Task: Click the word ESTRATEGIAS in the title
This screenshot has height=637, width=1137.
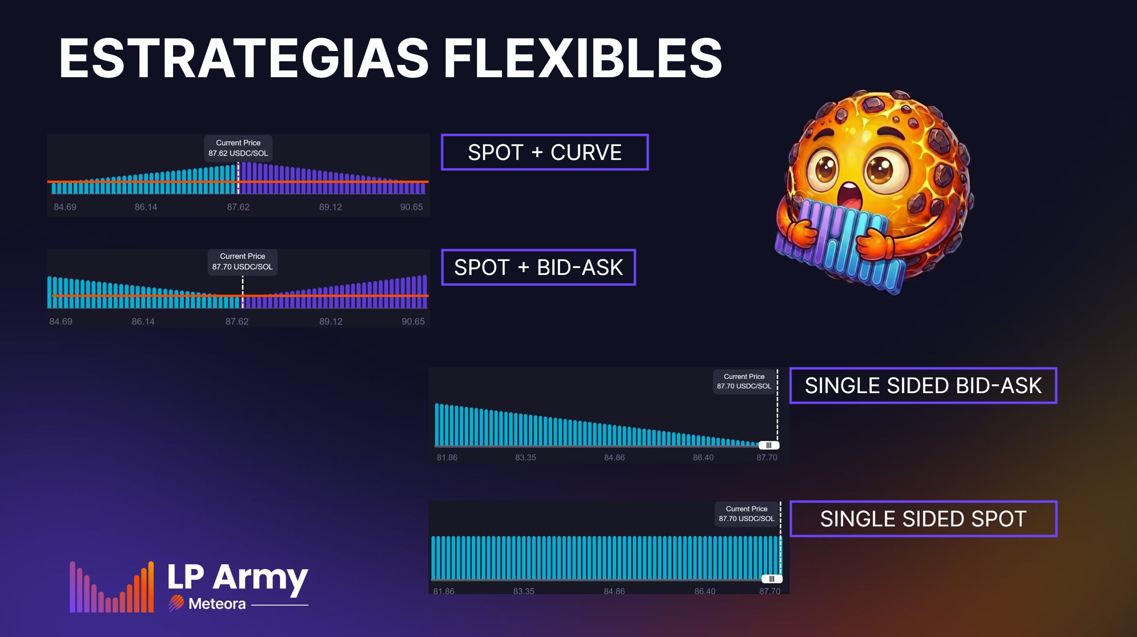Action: [x=244, y=58]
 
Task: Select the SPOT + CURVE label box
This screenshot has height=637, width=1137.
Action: [x=545, y=152]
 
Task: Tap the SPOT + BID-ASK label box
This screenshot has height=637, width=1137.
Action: [x=539, y=267]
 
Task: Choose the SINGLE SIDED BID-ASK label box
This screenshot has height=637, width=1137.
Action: [x=923, y=386]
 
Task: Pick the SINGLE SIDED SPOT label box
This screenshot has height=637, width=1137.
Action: [x=923, y=519]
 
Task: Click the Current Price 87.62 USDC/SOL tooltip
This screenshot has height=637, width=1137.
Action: [x=238, y=148]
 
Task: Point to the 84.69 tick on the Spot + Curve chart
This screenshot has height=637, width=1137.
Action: [x=65, y=207]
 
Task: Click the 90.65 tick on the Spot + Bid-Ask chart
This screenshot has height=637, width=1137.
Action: [x=413, y=321]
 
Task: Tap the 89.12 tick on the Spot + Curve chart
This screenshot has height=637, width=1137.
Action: [x=330, y=207]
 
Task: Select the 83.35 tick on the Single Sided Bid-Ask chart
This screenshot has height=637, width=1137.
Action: [x=526, y=458]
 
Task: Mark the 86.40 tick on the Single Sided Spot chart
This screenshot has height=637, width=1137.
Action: [x=705, y=591]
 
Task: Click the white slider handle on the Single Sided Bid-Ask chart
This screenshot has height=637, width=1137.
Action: [x=769, y=445]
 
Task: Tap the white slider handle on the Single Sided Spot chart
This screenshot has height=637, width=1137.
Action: [x=772, y=579]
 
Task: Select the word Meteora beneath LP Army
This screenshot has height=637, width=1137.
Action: [x=217, y=604]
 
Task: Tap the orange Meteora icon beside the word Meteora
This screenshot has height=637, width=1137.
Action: [x=176, y=603]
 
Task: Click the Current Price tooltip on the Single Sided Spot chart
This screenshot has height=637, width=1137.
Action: [x=746, y=514]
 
